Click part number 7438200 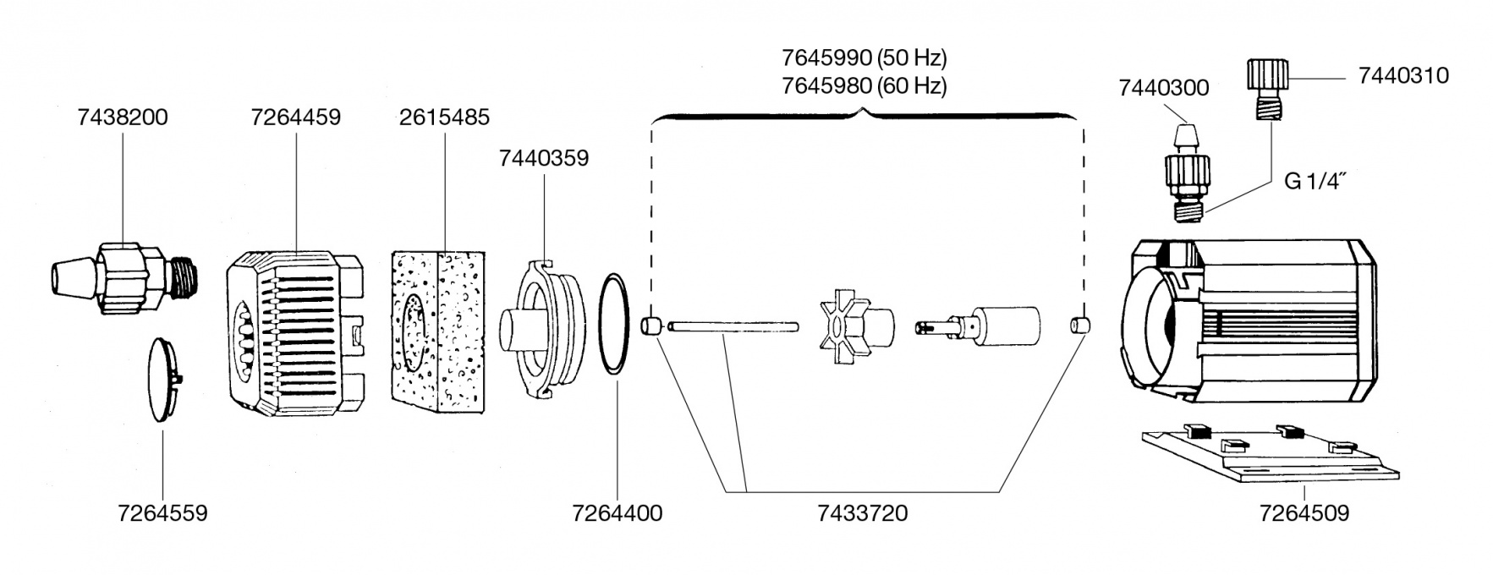tap(122, 117)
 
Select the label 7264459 tap(295, 117)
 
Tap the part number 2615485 tap(444, 117)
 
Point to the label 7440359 tap(543, 158)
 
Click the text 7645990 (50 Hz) tap(864, 58)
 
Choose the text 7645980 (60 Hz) tap(864, 85)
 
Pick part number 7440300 tap(1163, 88)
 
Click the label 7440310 tap(1402, 75)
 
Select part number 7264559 tap(162, 513)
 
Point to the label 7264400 tap(617, 513)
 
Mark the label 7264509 tap(1304, 513)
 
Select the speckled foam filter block tap(438, 331)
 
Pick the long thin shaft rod tap(733, 326)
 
